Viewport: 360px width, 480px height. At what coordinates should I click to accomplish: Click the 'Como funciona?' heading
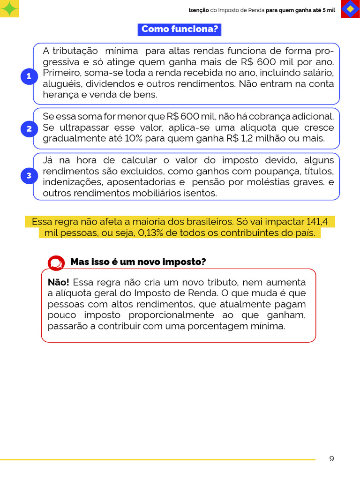[180, 30]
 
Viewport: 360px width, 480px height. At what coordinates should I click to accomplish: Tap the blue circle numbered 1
[29, 76]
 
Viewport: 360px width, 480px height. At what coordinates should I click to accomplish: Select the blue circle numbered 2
[29, 129]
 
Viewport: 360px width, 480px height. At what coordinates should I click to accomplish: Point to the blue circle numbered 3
[29, 176]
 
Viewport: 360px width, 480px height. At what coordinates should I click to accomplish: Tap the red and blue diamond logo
[350, 9]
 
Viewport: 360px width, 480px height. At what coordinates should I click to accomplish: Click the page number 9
[331, 458]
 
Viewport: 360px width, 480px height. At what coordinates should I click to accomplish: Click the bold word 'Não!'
[58, 282]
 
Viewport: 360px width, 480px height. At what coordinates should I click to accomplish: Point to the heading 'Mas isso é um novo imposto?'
[138, 262]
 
